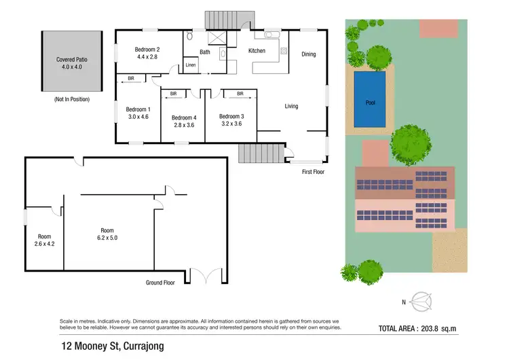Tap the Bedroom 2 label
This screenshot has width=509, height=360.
tap(147, 50)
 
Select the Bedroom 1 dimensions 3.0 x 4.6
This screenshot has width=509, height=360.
tap(138, 117)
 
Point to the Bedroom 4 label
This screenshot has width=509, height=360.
tap(183, 116)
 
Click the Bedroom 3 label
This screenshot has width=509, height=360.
tap(231, 116)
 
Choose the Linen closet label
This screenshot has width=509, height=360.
tap(191, 65)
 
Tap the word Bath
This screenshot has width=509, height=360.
tap(204, 52)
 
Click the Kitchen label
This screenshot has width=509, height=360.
tap(257, 51)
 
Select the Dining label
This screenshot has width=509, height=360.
tap(309, 54)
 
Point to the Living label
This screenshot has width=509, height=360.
tap(291, 106)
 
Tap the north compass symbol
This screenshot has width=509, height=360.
tap(421, 300)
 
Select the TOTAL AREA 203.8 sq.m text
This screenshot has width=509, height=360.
tap(437, 328)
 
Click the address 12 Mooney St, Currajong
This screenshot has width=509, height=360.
tap(111, 346)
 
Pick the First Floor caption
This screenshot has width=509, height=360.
tap(313, 172)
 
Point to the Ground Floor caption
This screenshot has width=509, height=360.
tap(160, 282)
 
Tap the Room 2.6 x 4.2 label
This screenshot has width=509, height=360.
tap(44, 240)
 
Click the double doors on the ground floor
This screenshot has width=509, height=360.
tap(206, 275)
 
